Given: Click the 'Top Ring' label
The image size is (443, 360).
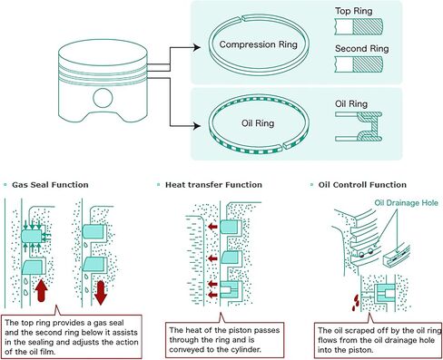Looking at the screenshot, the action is (x=353, y=11).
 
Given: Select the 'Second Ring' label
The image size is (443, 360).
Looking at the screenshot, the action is (x=362, y=49).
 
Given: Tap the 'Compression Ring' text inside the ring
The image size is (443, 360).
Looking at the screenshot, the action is (x=259, y=44).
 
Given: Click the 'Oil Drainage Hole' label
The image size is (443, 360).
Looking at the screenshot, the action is (x=407, y=203).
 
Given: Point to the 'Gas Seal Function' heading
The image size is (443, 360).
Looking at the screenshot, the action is (x=50, y=185).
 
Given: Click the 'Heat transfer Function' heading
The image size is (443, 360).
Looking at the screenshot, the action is (x=213, y=185).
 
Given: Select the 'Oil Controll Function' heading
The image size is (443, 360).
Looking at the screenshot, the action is (x=362, y=185).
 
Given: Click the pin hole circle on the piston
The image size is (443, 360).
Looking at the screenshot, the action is (x=103, y=98).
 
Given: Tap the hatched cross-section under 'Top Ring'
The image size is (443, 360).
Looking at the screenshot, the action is (x=368, y=26).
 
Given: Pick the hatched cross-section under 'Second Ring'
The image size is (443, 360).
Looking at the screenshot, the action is (x=368, y=64).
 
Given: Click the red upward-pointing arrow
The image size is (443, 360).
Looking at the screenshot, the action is (x=41, y=290).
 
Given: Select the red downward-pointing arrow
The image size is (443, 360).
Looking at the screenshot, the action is (x=101, y=293).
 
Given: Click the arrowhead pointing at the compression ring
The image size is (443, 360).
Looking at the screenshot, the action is (x=197, y=47).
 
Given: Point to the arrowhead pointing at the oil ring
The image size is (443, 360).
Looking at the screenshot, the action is (x=197, y=126).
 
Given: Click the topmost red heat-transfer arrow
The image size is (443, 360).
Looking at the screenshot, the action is (x=213, y=227).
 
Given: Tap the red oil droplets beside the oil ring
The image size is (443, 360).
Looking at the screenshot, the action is (x=355, y=303).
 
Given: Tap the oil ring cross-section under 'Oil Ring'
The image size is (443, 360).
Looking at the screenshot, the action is (x=359, y=126).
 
